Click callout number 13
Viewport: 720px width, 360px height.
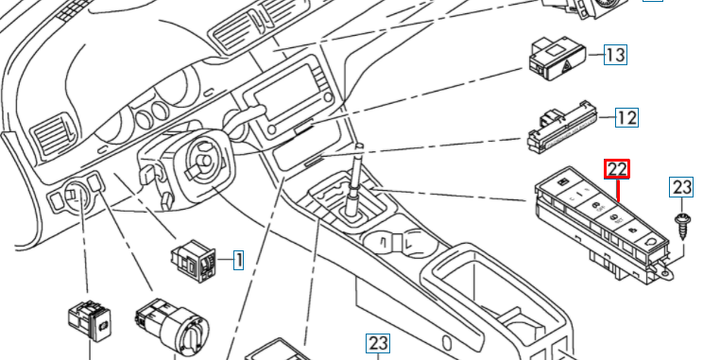point(615,55)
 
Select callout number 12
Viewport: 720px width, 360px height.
point(626,118)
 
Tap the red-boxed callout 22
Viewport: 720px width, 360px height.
point(617,169)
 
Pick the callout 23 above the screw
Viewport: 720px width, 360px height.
point(681,187)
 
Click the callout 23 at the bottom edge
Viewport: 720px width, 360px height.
point(378,344)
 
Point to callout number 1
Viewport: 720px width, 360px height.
point(238,261)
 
